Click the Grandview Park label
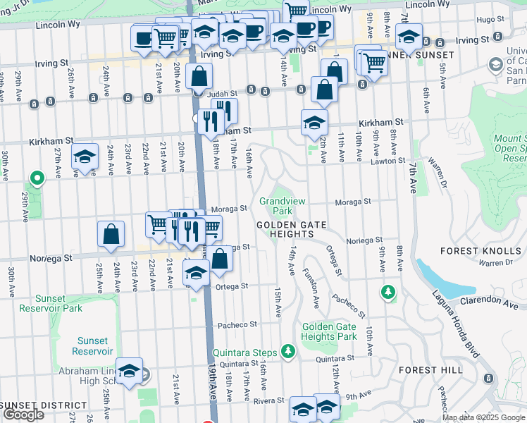click(283, 206)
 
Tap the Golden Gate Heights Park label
click(328, 331)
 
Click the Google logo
click(23, 415)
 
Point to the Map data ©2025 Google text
click(483, 417)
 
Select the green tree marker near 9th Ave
click(387, 290)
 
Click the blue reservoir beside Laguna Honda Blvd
click(437, 279)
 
